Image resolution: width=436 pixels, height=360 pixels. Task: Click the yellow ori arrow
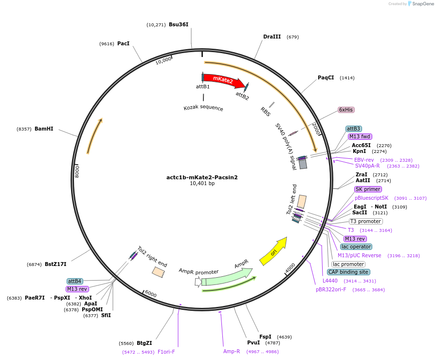pyautogui.click(x=273, y=251)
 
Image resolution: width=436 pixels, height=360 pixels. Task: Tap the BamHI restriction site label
pyautogui.click(x=44, y=129)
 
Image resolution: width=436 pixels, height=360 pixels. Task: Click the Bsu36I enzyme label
pyautogui.click(x=179, y=24)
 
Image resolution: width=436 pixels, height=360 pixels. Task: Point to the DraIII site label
pyautogui.click(x=272, y=37)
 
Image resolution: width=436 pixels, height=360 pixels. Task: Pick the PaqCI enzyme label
pyautogui.click(x=326, y=78)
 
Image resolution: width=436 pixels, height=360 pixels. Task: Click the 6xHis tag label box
pyautogui.click(x=345, y=110)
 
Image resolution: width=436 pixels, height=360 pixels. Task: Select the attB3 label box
pyautogui.click(x=354, y=129)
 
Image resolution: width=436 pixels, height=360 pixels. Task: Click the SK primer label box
pyautogui.click(x=368, y=189)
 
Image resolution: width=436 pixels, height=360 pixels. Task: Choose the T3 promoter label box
pyautogui.click(x=365, y=221)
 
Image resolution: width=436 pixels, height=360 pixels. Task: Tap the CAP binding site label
pyautogui.click(x=348, y=272)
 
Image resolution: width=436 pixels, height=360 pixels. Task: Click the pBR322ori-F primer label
pyautogui.click(x=331, y=289)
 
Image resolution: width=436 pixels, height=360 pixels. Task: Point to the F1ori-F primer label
pyautogui.click(x=166, y=352)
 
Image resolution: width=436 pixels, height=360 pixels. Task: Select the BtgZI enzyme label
pyautogui.click(x=145, y=343)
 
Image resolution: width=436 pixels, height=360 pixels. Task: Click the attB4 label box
pyautogui.click(x=75, y=281)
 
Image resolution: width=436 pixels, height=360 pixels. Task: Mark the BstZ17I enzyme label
pyautogui.click(x=55, y=264)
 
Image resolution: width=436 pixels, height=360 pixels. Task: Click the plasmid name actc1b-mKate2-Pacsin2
pyautogui.click(x=202, y=177)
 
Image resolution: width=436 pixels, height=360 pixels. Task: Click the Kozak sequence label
pyautogui.click(x=203, y=108)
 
